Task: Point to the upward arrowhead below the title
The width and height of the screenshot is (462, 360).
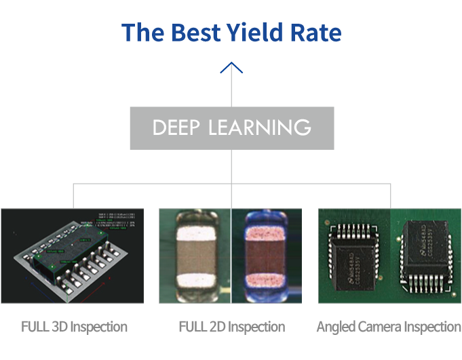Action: (231, 67)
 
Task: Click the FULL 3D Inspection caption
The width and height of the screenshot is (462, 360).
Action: (74, 327)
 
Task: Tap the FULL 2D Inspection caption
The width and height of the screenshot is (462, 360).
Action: (231, 327)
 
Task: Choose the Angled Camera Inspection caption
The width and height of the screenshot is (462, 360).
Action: (389, 327)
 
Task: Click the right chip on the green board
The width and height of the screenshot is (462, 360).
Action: (425, 256)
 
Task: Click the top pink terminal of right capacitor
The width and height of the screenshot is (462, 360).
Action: (267, 231)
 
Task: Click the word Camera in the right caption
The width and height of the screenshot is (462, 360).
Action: (377, 327)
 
